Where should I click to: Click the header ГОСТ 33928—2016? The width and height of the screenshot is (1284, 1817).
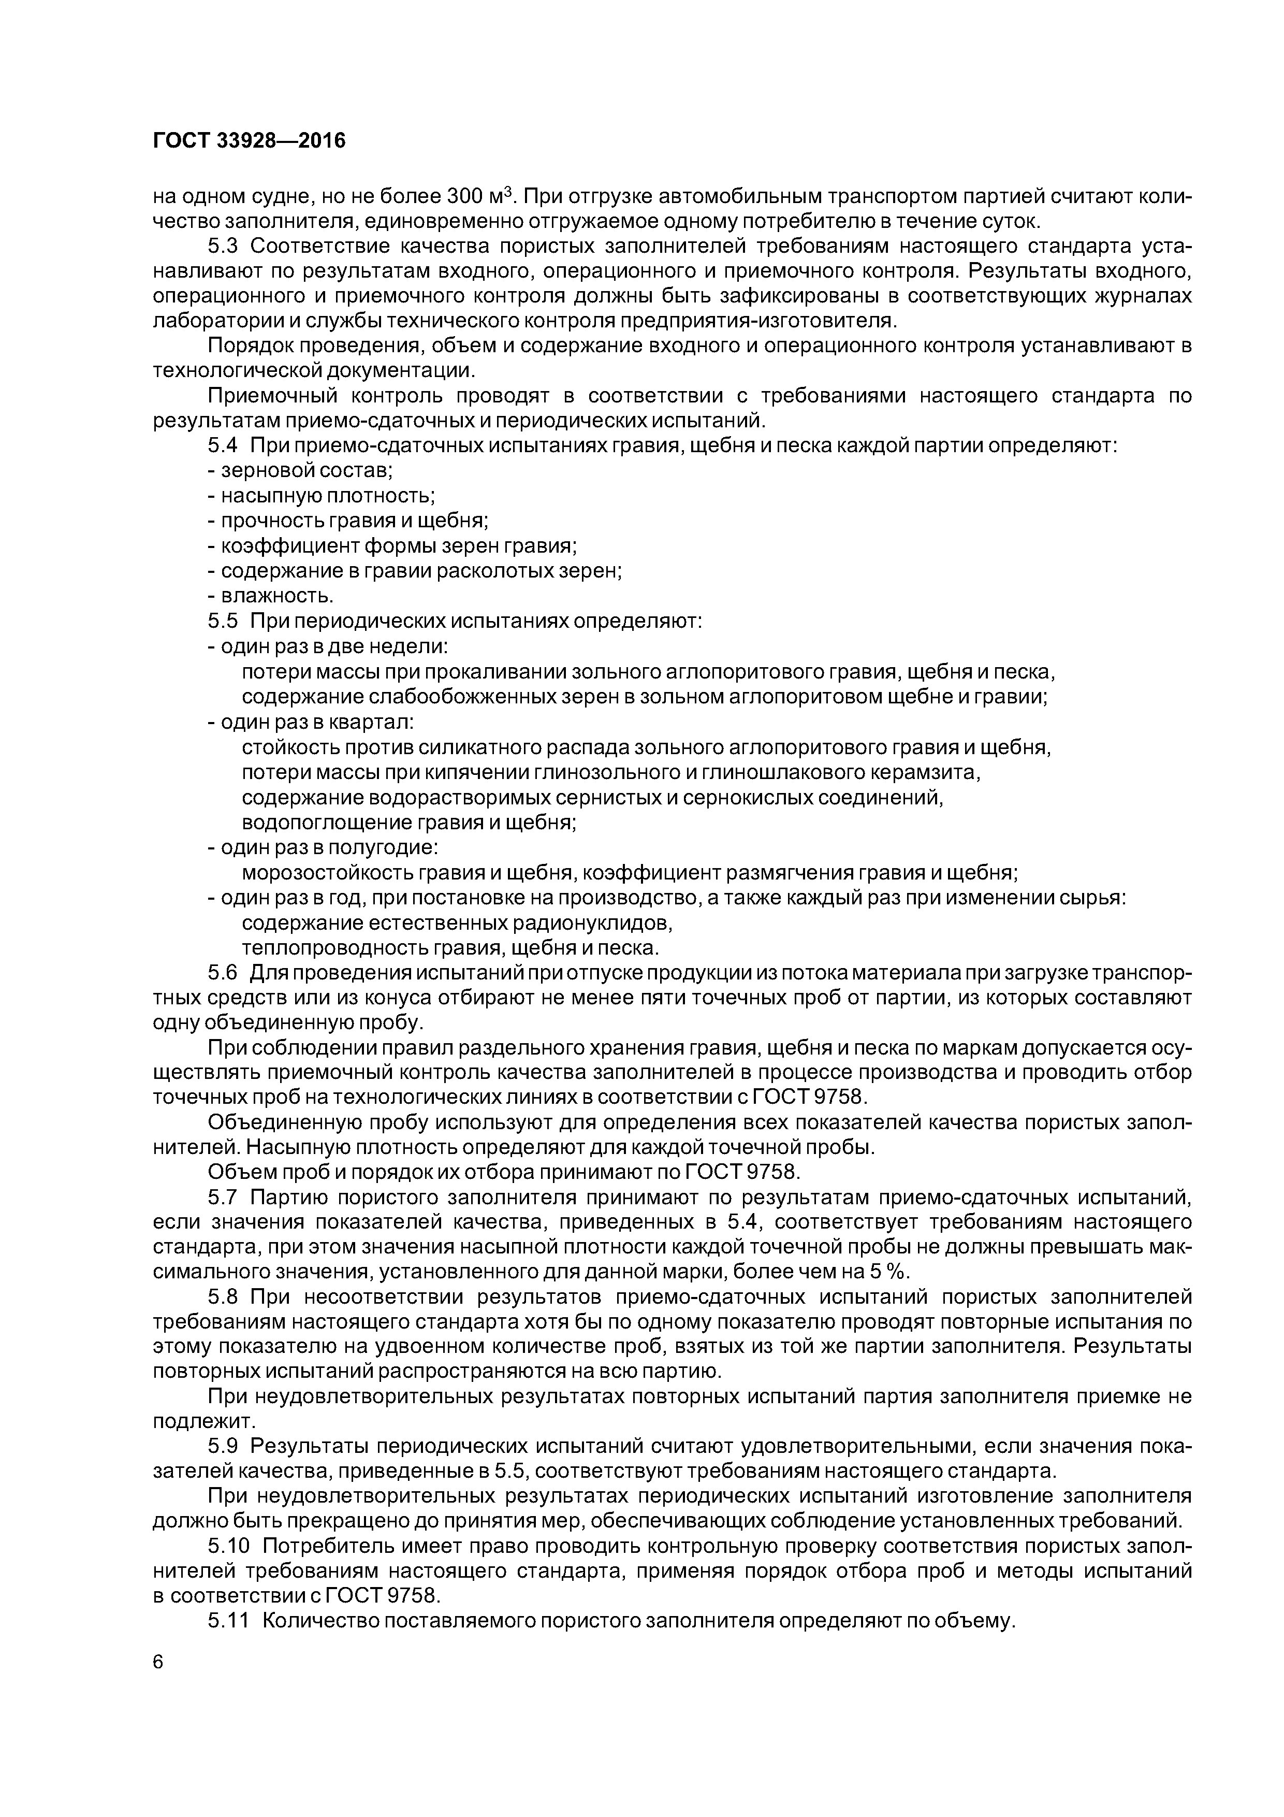pyautogui.click(x=249, y=141)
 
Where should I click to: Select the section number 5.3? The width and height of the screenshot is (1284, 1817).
pyautogui.click(x=223, y=246)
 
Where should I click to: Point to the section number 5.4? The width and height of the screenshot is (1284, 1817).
pyautogui.click(x=223, y=445)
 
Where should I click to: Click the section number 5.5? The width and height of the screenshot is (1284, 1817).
pyautogui.click(x=223, y=621)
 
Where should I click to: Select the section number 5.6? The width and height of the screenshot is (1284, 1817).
pyautogui.click(x=223, y=973)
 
